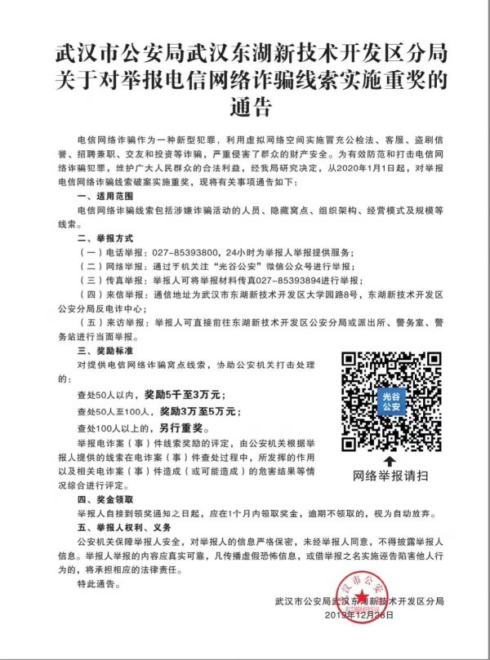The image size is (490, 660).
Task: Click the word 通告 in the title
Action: pos(245,107)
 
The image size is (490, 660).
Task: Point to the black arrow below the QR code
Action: pos(390,461)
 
